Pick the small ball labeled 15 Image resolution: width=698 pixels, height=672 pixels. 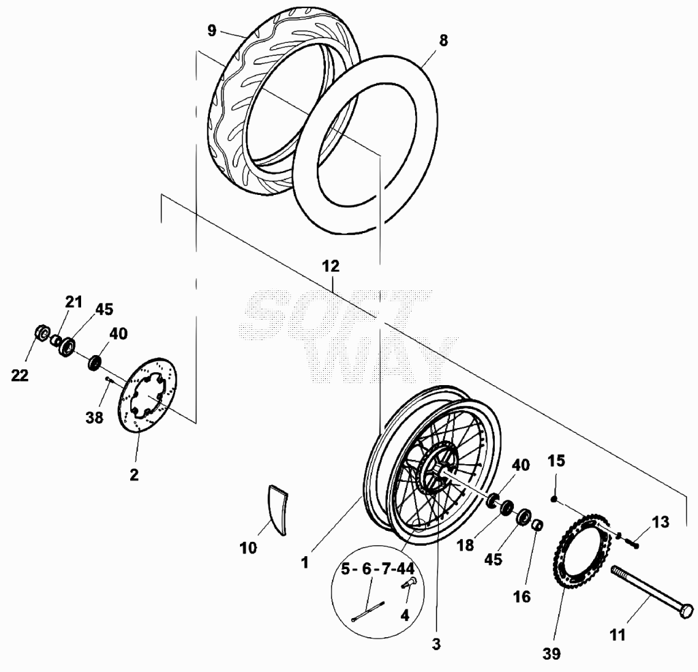pyautogui.click(x=553, y=499)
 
